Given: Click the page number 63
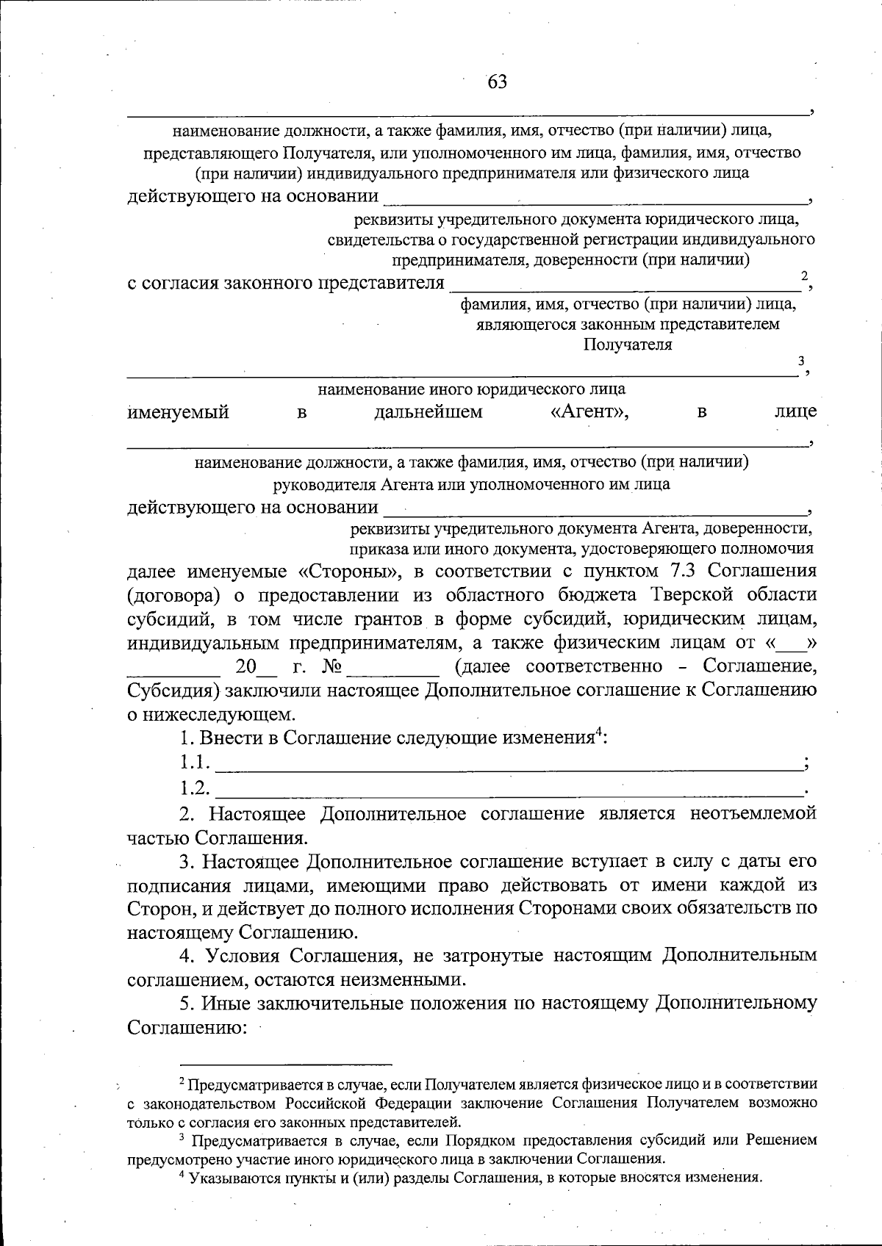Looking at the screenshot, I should click(x=498, y=82).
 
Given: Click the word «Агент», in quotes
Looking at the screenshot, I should click(x=589, y=412).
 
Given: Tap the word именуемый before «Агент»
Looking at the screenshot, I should click(x=179, y=412).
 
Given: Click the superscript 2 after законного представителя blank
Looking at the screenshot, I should click(x=805, y=276).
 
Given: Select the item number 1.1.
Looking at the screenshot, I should click(x=196, y=763).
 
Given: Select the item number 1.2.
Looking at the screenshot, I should click(x=196, y=788).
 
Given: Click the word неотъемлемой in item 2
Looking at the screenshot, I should click(x=753, y=813).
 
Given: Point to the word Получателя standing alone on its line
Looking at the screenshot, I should click(x=628, y=345).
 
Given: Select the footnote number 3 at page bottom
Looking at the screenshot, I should click(x=182, y=1138).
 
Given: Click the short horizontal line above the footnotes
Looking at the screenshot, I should click(x=287, y=1063).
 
